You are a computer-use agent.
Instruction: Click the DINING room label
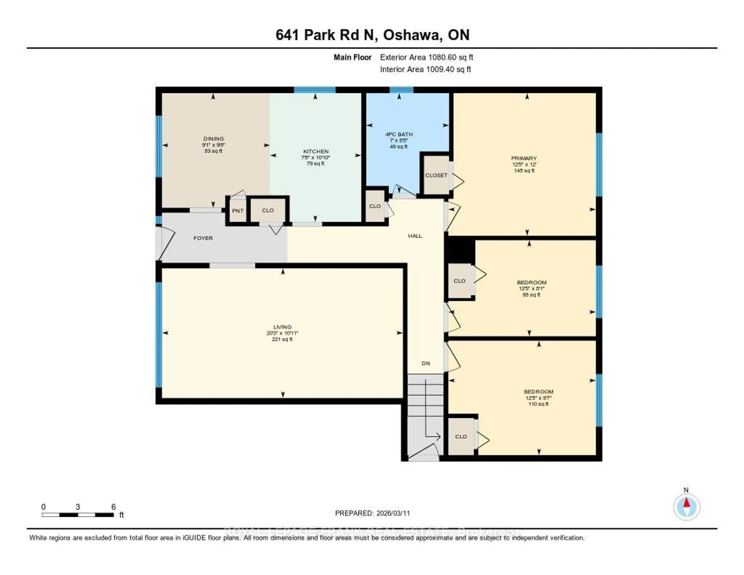pyautogui.click(x=213, y=139)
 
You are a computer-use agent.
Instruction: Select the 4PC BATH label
pyautogui.click(x=399, y=134)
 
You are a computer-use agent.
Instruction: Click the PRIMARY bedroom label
pyautogui.click(x=524, y=158)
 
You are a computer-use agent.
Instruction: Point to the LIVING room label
pyautogui.click(x=282, y=327)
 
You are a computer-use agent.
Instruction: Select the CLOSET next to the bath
pyautogui.click(x=436, y=175)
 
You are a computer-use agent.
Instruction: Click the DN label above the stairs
pyautogui.click(x=426, y=363)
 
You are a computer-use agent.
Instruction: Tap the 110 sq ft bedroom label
pyautogui.click(x=538, y=392)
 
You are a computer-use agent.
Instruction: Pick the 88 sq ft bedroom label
pyautogui.click(x=531, y=282)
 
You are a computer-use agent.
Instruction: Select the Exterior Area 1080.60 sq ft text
pyautogui.click(x=426, y=57)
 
